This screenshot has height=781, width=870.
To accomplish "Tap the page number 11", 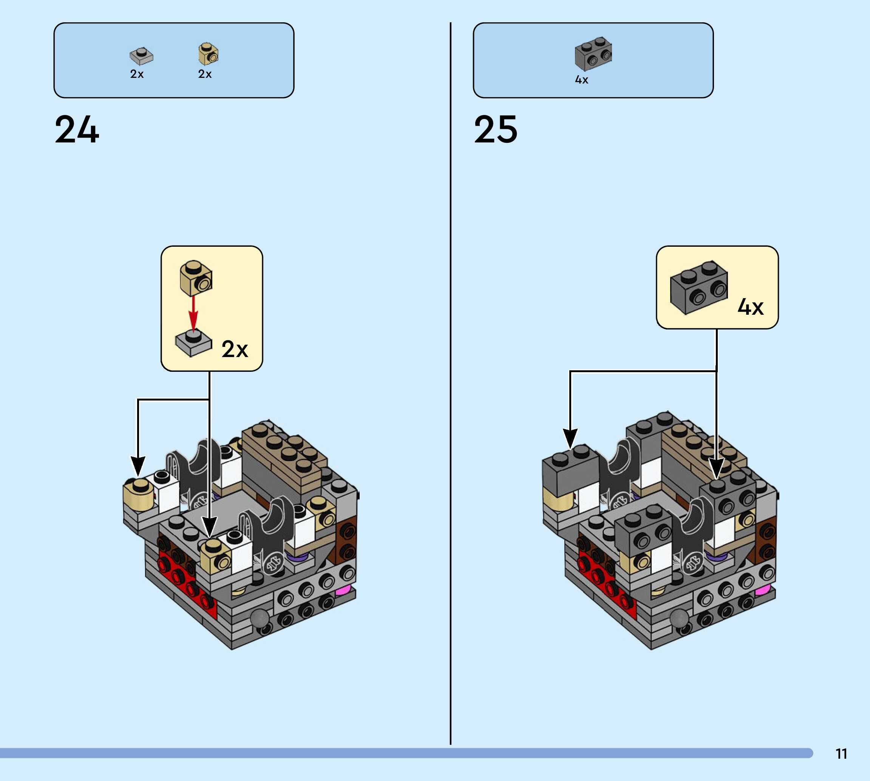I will point(841,754).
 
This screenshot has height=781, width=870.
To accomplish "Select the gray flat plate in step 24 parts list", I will point(141,56).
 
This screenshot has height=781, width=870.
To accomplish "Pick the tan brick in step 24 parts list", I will point(208,54).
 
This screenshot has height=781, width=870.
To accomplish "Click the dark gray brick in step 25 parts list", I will point(593,54).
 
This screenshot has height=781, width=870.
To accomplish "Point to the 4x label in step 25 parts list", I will point(581,80).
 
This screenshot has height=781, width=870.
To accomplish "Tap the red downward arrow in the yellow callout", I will point(193,314).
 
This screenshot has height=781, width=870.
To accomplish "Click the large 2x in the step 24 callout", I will point(235,349).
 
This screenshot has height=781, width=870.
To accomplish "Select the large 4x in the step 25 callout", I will point(750,307).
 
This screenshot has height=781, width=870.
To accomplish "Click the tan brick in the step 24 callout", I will point(196,278).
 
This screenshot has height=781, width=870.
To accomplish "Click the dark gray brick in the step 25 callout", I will point(699,287).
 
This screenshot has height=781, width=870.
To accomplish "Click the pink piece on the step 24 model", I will point(342,591).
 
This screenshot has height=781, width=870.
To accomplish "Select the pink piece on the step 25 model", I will point(762,591).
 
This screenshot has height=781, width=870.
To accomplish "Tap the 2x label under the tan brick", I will point(205,74).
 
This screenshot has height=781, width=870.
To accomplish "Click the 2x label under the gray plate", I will point(137,74).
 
